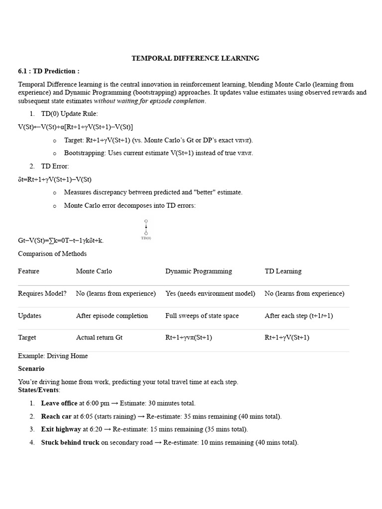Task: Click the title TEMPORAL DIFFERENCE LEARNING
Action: tap(195, 58)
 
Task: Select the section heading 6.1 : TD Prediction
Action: tap(49, 71)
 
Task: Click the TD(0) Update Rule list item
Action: tap(69, 114)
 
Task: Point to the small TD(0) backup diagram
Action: tap(146, 229)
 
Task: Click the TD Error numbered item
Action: tap(55, 166)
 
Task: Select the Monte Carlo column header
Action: tap(94, 271)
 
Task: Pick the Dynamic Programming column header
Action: tap(198, 271)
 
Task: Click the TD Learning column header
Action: tap(283, 271)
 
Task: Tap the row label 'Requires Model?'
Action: tap(42, 293)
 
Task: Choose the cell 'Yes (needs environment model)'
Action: tap(210, 293)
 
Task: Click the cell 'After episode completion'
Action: tap(112, 316)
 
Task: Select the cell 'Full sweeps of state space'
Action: tap(202, 316)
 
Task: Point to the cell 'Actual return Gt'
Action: tap(99, 338)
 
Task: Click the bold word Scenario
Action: tap(31, 369)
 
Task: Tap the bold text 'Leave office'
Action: tap(59, 403)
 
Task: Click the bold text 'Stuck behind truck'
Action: tap(70, 442)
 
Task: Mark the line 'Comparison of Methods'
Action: tap(52, 254)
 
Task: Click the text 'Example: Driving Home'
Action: tap(53, 356)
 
